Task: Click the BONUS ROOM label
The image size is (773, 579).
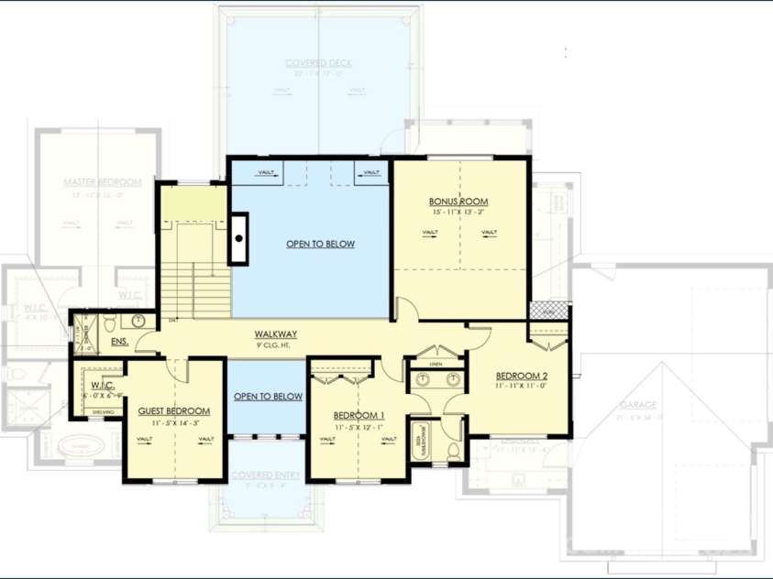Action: coord(458,202)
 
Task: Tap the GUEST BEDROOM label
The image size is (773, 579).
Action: coord(174,411)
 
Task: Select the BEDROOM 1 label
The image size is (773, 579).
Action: coord(359,415)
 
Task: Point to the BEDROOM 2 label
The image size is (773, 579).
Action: coord(522,376)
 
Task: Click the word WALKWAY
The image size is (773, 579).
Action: coord(275,335)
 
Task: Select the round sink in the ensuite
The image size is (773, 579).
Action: coord(138,321)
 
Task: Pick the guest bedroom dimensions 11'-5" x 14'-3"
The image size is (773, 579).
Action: coord(174,423)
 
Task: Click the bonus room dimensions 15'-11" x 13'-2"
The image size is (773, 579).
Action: coord(458,213)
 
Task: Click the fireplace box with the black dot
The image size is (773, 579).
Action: coord(239,238)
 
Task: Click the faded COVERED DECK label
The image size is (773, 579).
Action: coord(319,63)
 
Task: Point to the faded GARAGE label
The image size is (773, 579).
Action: coord(637,404)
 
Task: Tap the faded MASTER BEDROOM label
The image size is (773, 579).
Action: coord(103,182)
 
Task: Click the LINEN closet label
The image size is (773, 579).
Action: coord(435,365)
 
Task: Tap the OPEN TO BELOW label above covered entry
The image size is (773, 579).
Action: coord(268,397)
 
